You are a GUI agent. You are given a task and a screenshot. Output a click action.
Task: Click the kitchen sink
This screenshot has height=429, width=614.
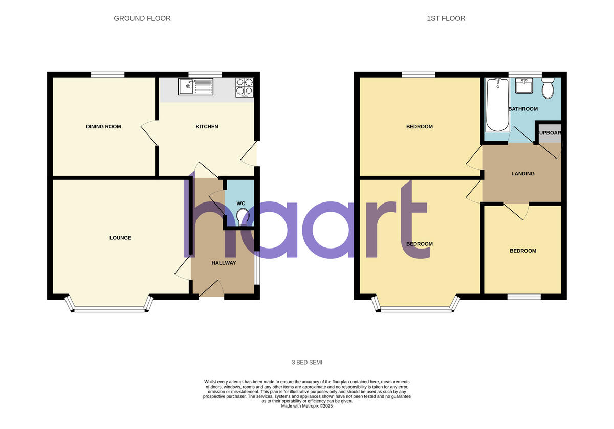[x=195, y=86]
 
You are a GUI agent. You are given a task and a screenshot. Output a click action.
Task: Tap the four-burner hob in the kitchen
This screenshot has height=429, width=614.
[x=244, y=87]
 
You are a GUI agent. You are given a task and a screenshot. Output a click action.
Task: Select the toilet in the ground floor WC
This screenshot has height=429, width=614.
[x=243, y=217]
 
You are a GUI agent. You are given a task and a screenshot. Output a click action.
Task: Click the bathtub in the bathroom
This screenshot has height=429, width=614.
[x=497, y=104]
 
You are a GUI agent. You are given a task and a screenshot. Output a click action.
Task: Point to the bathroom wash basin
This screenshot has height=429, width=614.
[x=523, y=86]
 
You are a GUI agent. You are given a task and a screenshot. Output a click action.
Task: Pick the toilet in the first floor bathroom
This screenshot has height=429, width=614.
[x=547, y=88]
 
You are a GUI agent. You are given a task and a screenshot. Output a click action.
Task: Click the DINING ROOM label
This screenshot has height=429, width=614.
[x=103, y=126]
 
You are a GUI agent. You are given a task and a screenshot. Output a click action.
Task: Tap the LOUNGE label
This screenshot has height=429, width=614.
[x=120, y=238]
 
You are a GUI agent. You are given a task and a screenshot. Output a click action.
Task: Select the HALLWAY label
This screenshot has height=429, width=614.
[x=224, y=263]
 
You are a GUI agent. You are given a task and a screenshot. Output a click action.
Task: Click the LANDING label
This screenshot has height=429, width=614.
[x=522, y=174]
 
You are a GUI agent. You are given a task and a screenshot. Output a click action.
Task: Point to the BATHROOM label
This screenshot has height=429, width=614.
[x=523, y=109]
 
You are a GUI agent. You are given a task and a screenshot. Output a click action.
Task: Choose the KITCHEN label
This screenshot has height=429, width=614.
[x=207, y=127]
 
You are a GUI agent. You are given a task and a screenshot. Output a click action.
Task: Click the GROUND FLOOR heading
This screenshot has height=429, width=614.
[x=142, y=18]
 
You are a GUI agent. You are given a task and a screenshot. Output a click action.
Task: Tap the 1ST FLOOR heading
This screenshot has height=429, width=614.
[x=446, y=18]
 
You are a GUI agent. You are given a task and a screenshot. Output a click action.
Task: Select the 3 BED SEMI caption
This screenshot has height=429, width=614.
[x=307, y=363]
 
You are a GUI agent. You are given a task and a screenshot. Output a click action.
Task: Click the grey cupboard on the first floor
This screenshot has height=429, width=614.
[x=549, y=133]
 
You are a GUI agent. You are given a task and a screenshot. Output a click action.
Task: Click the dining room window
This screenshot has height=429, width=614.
[x=108, y=75]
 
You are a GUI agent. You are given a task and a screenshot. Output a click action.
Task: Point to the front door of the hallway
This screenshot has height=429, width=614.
[x=211, y=289]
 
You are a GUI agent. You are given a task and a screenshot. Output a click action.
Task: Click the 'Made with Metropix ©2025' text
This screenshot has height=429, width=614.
[x=307, y=406]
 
